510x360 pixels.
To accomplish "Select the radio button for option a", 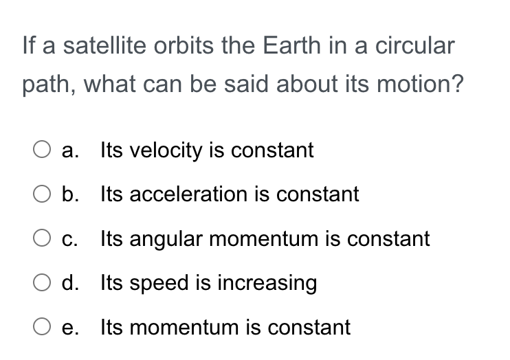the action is tap(42, 149).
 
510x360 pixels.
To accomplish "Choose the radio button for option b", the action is tap(42, 194).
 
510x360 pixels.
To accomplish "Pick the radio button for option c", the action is tap(42, 238).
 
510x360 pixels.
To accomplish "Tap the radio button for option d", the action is tap(42, 282).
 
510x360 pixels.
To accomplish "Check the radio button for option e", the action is tap(42, 326).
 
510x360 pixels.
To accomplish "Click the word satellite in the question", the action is tap(104, 45).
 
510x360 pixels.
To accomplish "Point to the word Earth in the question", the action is tap(291, 45).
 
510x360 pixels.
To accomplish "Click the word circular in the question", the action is tap(414, 45).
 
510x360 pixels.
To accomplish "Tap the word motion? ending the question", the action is tap(420, 84).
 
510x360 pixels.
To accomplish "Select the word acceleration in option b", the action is tap(188, 194).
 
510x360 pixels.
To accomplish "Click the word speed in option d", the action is tap(159, 283).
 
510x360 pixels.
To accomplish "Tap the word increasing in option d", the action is tap(267, 283).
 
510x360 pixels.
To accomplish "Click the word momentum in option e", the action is tap(184, 327).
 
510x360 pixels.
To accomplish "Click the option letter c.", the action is tap(69, 239).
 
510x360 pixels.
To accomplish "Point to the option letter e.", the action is tap(70, 328).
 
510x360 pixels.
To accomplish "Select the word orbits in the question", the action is tap(184, 45).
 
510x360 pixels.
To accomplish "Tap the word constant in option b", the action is tap(318, 194).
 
